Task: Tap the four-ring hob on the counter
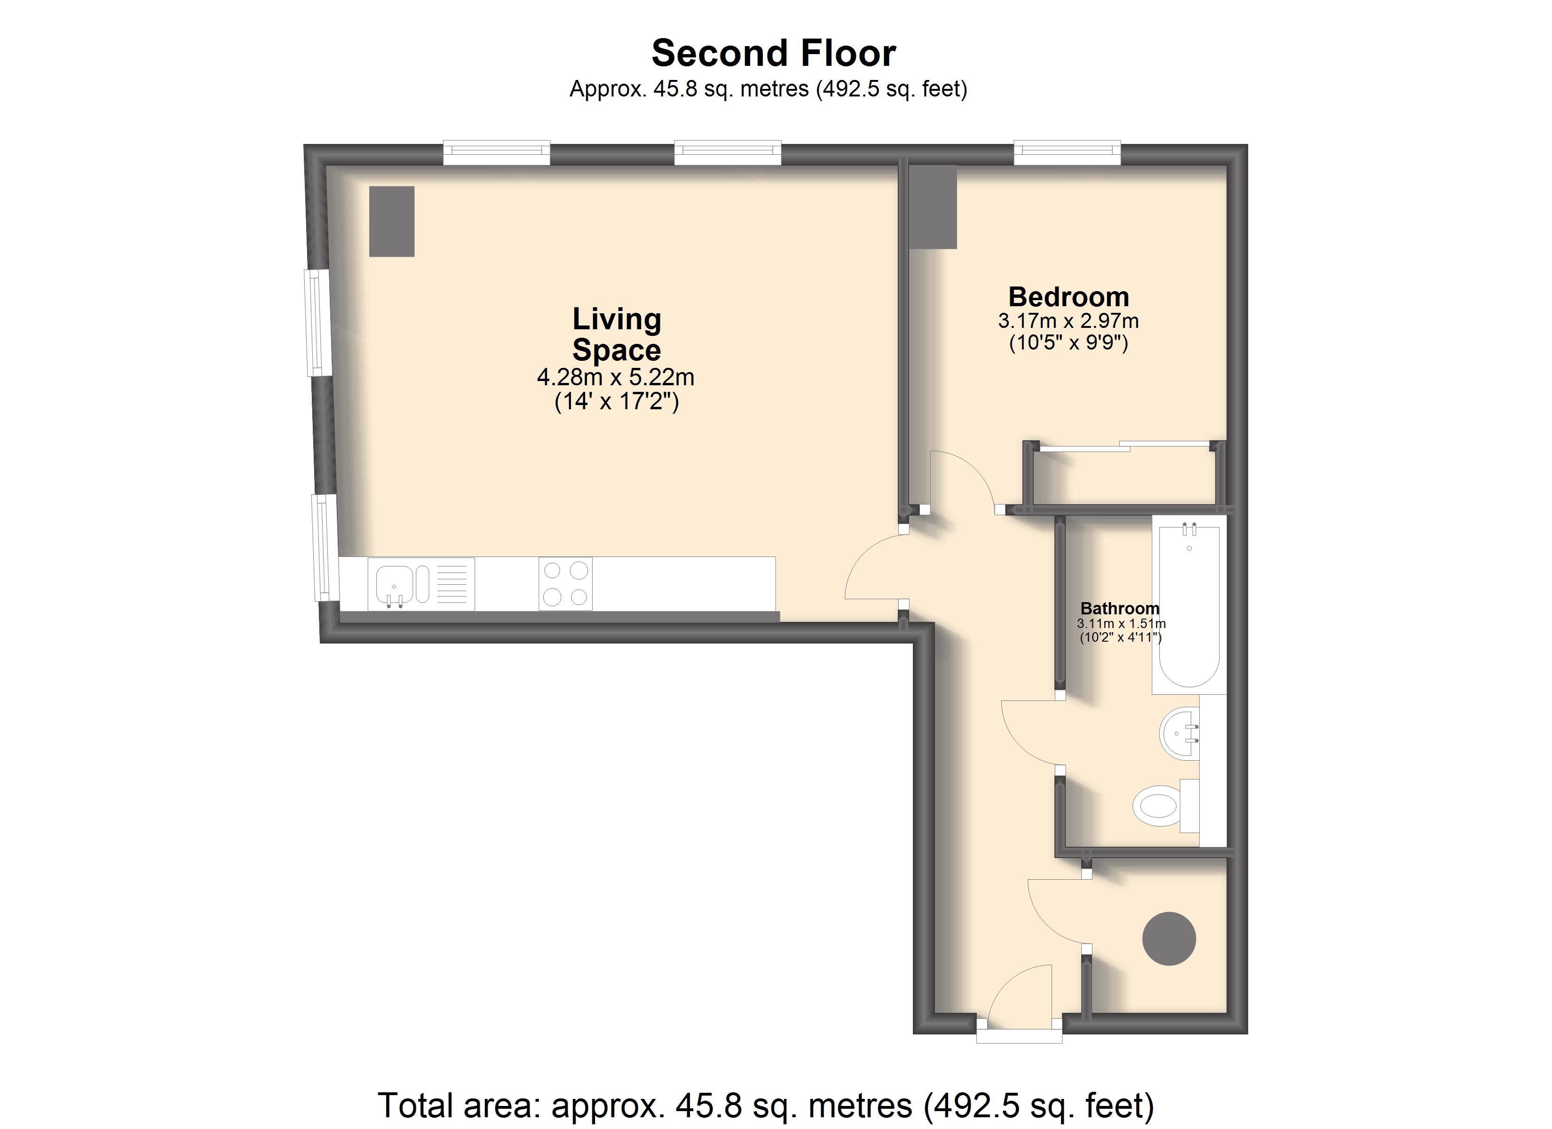click(x=565, y=583)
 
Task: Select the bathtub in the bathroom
click(x=1189, y=605)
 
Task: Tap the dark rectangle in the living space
click(x=391, y=221)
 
